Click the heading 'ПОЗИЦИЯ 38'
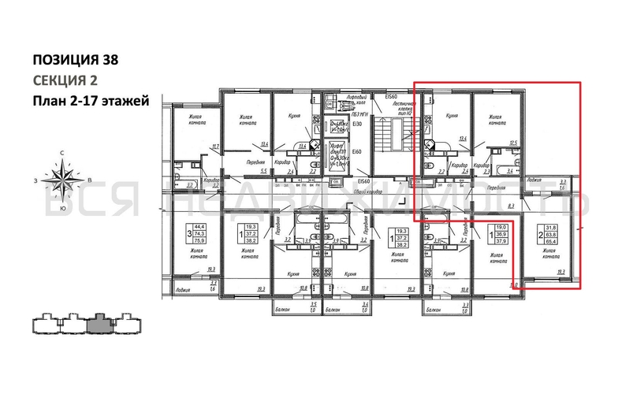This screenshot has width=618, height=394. point(77,59)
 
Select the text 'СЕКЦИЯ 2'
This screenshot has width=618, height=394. point(66,80)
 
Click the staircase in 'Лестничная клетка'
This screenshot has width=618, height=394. point(385,137)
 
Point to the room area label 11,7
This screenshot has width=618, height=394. point(214,146)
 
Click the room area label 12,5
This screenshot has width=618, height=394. point(513,143)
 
